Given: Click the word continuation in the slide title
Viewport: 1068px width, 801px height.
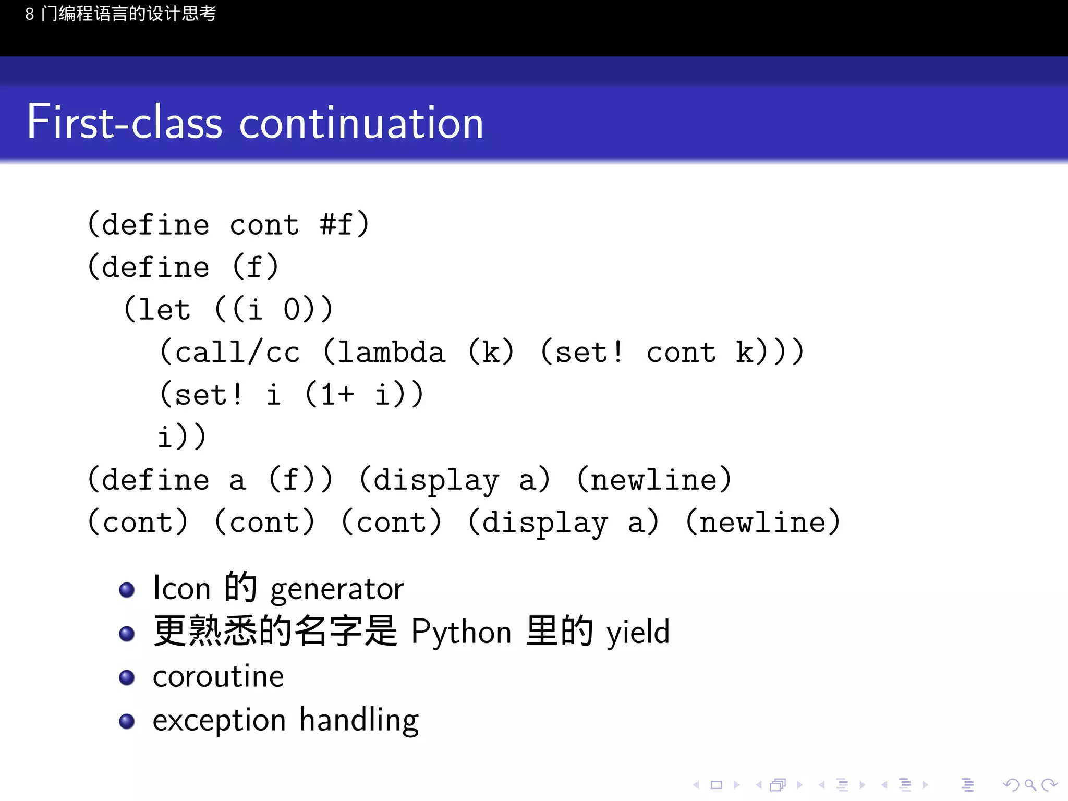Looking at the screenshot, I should point(361,123).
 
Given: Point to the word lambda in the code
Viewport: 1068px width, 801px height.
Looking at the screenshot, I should point(391,353).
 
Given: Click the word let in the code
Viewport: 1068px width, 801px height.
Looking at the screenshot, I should point(164,310).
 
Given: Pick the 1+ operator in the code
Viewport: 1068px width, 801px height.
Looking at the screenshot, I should point(337,395).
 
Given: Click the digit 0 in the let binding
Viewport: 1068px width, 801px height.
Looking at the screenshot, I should point(292,310).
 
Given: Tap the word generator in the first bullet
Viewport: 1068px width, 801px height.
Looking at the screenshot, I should point(337,589).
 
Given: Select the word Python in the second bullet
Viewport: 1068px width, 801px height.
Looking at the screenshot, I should point(461,633).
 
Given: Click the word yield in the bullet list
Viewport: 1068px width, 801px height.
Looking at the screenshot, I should point(638,633).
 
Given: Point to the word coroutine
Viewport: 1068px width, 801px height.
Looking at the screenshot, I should point(218,677).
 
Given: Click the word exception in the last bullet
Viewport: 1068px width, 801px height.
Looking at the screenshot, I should point(219,721).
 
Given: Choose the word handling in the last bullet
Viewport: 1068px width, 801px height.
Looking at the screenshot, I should point(359,721).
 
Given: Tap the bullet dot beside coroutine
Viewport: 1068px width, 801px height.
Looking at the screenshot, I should point(127,677).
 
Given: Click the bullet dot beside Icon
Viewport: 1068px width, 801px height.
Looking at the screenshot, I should point(127,590).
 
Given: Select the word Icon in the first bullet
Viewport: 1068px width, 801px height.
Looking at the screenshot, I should point(181,589).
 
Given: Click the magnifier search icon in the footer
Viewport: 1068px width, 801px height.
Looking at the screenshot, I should point(1030,784).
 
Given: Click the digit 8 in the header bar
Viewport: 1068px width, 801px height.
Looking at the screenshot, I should point(30,14).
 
